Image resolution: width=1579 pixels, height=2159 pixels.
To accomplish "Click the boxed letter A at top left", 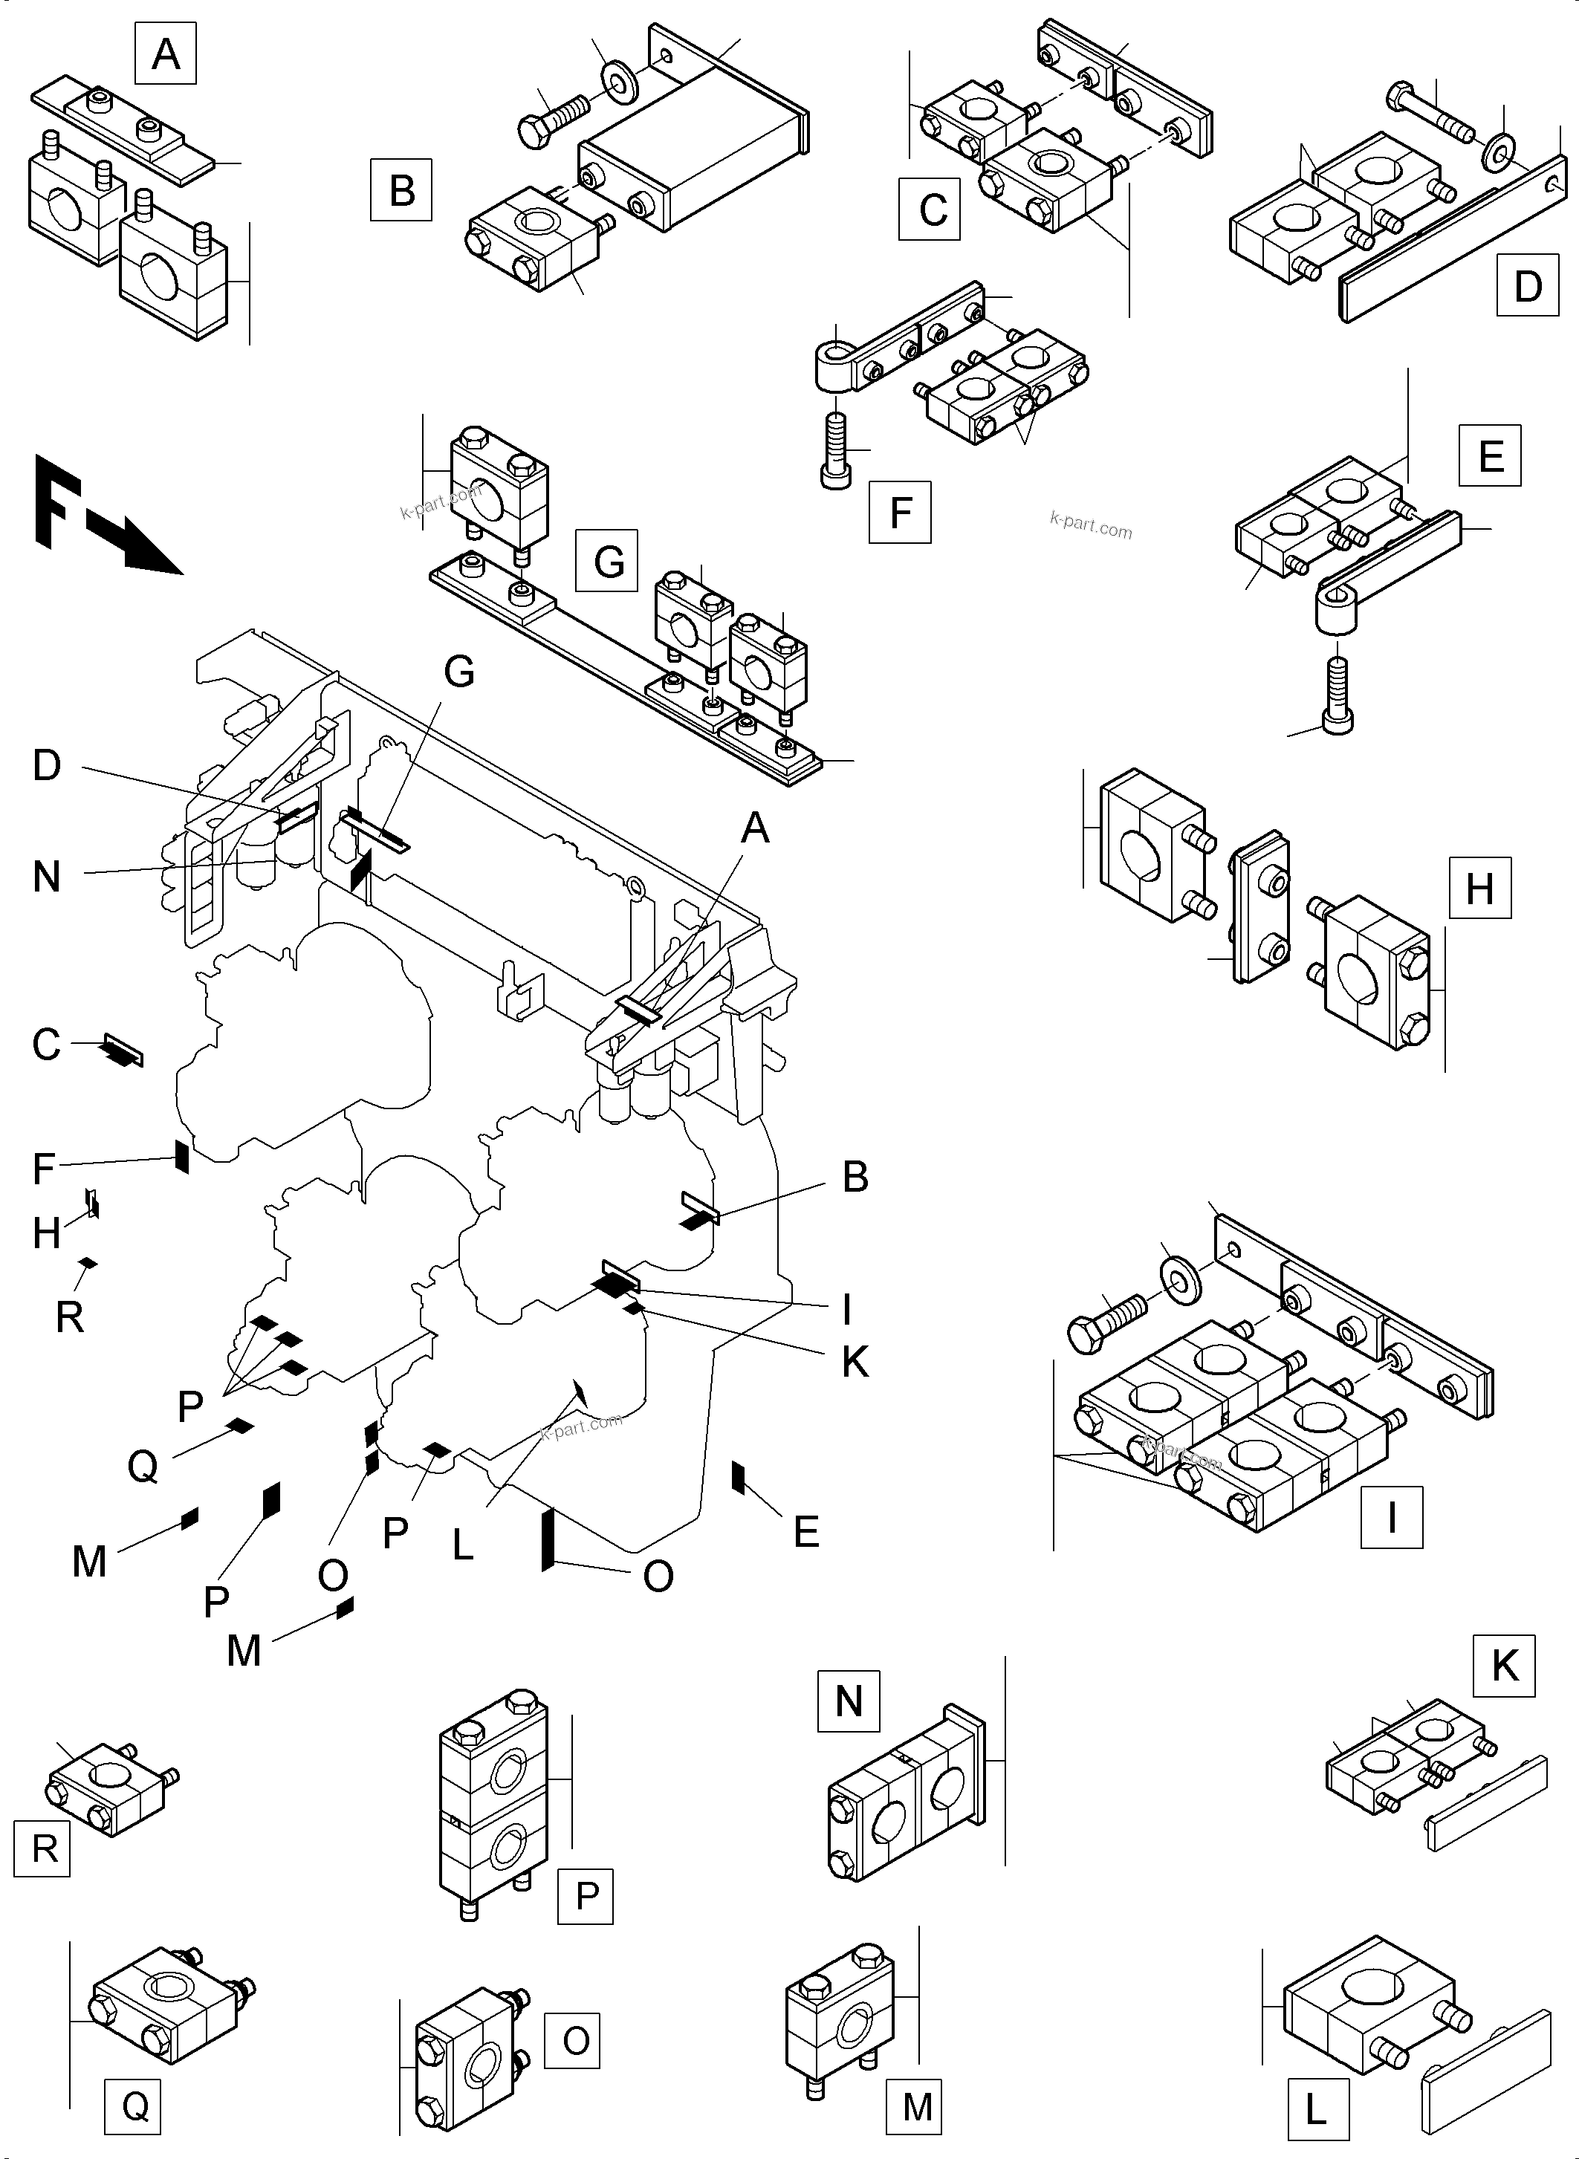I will tap(166, 54).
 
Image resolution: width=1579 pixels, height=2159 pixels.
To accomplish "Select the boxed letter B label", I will tap(401, 190).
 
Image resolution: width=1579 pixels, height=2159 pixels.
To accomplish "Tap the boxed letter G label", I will tap(607, 561).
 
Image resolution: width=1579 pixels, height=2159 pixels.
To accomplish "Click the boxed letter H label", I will tap(1479, 888).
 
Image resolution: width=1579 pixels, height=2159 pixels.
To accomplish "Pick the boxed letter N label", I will tap(849, 1701).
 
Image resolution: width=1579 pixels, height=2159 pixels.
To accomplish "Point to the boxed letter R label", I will tap(43, 1848).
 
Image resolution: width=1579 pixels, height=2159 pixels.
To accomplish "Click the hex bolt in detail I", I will tap(1107, 1322).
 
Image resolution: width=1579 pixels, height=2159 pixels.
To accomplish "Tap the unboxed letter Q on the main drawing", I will tap(143, 1464).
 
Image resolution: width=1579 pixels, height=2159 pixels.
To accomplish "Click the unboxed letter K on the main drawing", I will tap(855, 1363).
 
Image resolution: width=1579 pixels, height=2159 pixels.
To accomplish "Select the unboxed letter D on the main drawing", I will tap(47, 765).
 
